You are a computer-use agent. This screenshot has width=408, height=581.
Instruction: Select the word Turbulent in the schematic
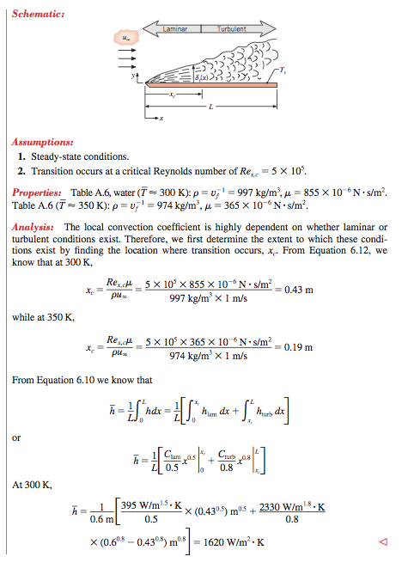[x=231, y=29]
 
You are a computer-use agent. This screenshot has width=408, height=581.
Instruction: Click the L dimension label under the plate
[x=210, y=106]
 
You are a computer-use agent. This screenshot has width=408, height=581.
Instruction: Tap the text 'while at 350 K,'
[x=44, y=317]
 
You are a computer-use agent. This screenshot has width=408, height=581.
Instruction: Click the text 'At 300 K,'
[x=32, y=484]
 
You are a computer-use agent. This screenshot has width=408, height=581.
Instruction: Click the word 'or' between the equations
[x=16, y=437]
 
